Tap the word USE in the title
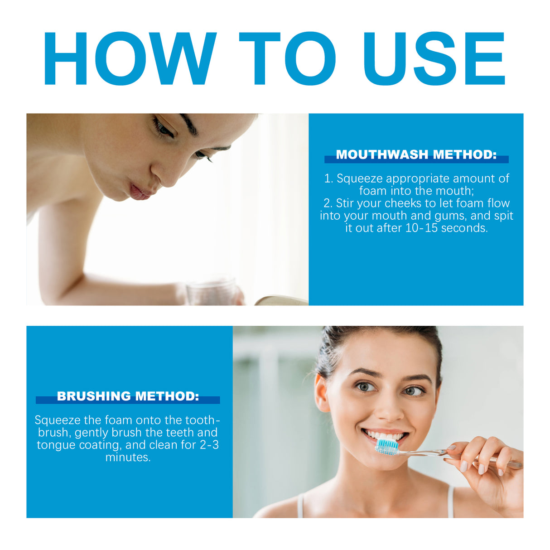pos(434,59)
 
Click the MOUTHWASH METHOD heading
pos(416,155)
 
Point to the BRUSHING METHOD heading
pos(128,396)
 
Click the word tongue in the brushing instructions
pos(56,445)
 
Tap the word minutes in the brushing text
pos(128,457)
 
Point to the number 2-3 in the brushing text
pos(209,445)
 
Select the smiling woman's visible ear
pos(322,392)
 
